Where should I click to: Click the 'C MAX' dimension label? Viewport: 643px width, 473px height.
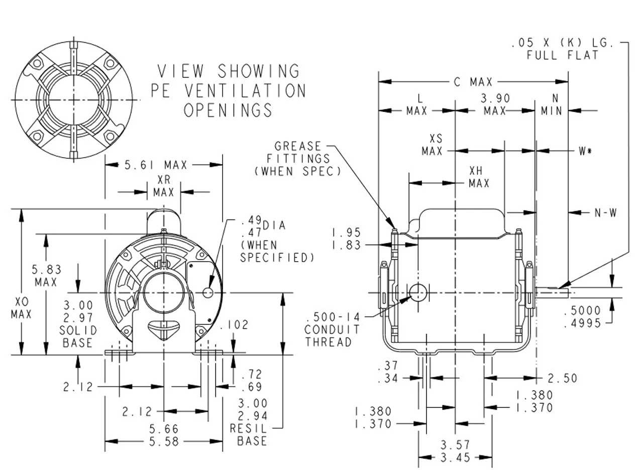pyautogui.click(x=473, y=81)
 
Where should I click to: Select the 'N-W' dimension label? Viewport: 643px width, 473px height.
pyautogui.click(x=605, y=213)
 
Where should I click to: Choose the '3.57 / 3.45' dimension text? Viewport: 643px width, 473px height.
pyautogui.click(x=454, y=451)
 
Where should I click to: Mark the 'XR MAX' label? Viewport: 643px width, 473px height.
pyautogui.click(x=163, y=186)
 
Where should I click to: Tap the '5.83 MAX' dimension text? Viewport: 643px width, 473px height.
pyautogui.click(x=46, y=276)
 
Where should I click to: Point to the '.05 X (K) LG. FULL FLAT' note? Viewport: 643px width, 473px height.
pyautogui.click(x=562, y=49)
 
